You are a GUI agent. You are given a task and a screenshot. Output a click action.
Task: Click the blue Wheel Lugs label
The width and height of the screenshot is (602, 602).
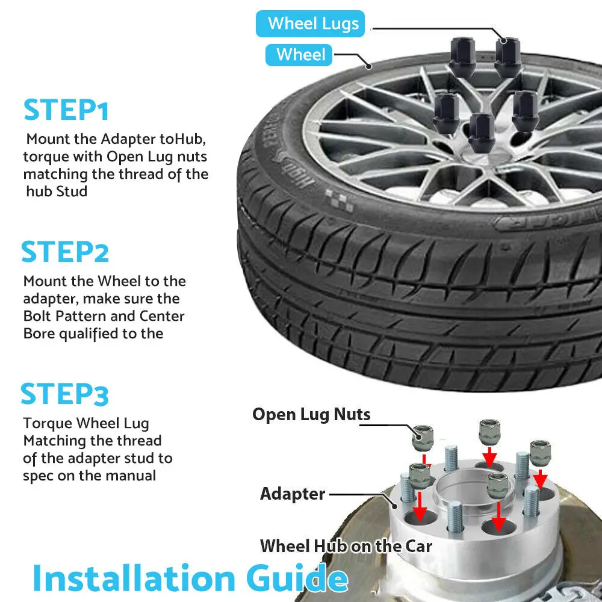pos(310,24)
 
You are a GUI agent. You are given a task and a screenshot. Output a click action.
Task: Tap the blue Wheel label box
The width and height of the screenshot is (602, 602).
pos(299,55)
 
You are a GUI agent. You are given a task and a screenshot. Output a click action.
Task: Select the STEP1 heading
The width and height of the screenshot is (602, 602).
pos(66,110)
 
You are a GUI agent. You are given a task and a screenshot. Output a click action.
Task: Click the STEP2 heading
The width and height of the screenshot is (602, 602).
pos(65,252)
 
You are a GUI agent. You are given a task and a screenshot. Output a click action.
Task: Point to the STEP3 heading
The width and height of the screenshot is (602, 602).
pos(64,394)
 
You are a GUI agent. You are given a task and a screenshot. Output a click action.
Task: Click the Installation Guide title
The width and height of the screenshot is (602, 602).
pos(190,578)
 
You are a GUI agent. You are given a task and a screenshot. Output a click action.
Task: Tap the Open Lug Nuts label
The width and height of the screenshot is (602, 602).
pos(311,415)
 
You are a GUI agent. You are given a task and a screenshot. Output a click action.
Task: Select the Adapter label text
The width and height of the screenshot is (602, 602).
pos(293,494)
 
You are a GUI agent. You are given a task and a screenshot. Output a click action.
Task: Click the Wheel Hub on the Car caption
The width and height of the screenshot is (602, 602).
pos(346,546)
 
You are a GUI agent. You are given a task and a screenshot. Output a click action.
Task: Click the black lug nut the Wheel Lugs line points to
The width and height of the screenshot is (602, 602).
pos(507,58)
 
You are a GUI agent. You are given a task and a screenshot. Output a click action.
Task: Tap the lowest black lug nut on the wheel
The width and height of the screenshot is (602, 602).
pos(482,132)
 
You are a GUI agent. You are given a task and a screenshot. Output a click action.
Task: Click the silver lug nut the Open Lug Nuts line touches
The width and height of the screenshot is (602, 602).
pos(423,438)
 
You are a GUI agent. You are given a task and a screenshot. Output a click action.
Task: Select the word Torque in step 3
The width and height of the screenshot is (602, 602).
pos(48,423)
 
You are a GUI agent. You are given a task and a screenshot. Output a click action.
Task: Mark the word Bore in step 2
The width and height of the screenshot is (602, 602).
pos(39,334)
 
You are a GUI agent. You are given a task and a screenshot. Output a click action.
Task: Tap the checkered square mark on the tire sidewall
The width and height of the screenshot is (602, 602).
pos(340,200)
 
